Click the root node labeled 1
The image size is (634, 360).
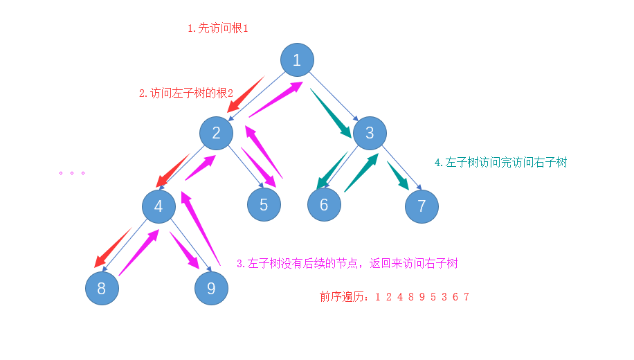[x=297, y=60]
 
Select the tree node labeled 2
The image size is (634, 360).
[x=217, y=133]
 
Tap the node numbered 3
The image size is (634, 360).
[x=370, y=133]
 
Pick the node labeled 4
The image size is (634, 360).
[x=159, y=206]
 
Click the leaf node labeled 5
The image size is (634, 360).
[x=264, y=205]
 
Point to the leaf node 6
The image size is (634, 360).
[x=325, y=205]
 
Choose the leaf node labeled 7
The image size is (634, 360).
[x=422, y=206]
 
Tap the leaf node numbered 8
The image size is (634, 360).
[x=102, y=288]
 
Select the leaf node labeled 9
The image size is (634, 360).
[x=211, y=288]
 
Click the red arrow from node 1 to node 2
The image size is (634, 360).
[x=246, y=94]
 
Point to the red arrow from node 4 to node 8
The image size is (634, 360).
[x=113, y=247]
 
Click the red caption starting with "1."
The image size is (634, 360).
[x=218, y=28]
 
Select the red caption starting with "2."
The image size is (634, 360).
[x=186, y=92]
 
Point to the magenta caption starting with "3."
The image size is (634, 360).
[x=347, y=263]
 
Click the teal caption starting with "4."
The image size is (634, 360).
[x=501, y=162]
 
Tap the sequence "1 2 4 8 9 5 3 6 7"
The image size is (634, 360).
[x=422, y=297]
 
